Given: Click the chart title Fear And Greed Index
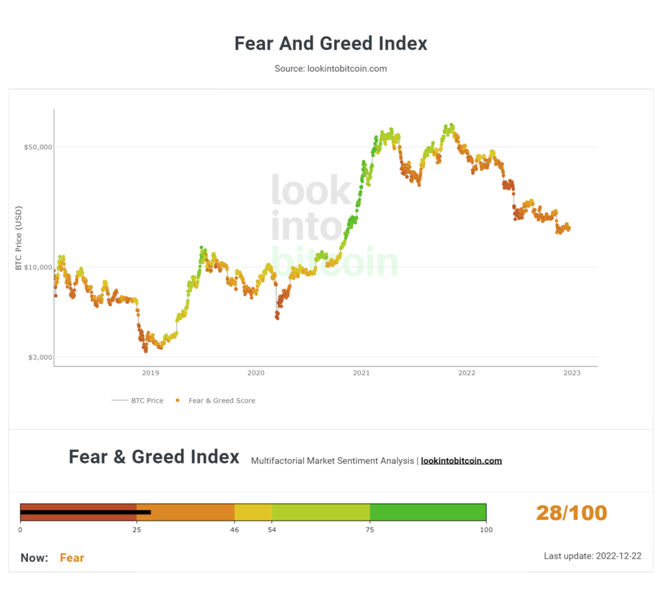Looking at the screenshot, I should (330, 44).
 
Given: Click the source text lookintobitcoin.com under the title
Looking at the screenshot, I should (330, 69).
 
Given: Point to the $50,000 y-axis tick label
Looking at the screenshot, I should (37, 147).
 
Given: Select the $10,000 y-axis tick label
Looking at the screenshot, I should (37, 267).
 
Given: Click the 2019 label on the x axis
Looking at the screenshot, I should (151, 373).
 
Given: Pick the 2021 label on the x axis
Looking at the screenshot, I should (361, 373).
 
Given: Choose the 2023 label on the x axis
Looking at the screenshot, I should (571, 373).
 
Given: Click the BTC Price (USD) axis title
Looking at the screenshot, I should (19, 238).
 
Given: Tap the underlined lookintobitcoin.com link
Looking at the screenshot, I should (461, 461).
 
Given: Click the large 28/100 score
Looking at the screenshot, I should (571, 513).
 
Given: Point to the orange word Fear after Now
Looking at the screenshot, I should (72, 558).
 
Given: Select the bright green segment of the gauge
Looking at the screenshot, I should (427, 512).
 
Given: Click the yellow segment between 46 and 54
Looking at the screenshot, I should (253, 512).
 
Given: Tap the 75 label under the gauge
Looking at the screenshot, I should (370, 530).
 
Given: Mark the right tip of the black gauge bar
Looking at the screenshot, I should (150, 512).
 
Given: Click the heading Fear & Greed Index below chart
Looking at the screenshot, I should (154, 457).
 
